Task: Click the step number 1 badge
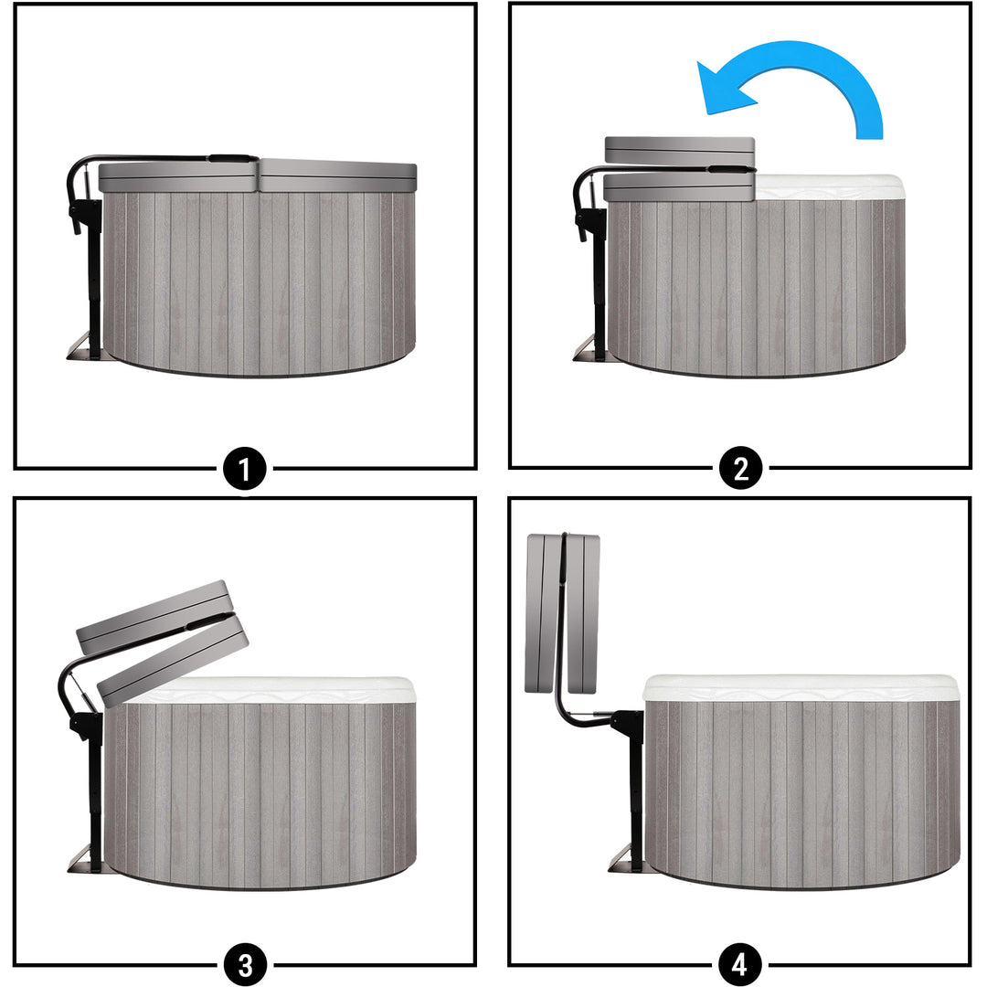coord(245,469)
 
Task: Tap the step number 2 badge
coord(740,469)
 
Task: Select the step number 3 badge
coord(245,964)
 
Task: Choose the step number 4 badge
coord(740,964)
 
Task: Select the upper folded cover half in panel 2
coord(680,151)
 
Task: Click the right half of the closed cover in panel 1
coord(338,175)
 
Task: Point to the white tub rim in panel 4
coord(801,689)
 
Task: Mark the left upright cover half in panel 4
coord(543,614)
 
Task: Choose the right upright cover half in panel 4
coord(583,614)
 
